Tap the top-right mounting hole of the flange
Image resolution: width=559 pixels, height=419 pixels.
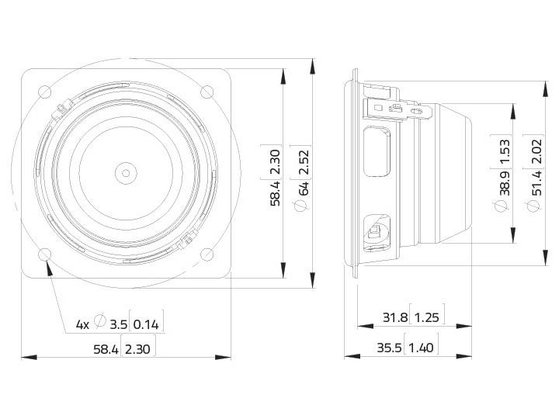pos(207,92)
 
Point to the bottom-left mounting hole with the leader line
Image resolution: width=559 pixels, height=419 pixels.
pos(44,255)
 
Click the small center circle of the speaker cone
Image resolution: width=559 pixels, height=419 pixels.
pos(125,171)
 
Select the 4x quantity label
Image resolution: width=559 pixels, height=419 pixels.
pos(82,324)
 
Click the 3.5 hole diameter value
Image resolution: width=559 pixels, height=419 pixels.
pos(118,324)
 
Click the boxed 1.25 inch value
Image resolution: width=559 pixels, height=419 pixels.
pos(426,317)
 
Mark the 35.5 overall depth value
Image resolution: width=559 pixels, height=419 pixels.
pos(389,348)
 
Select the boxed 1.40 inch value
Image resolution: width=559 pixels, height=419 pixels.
pos(421,348)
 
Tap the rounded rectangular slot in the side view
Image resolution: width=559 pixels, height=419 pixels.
pos(378,152)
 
